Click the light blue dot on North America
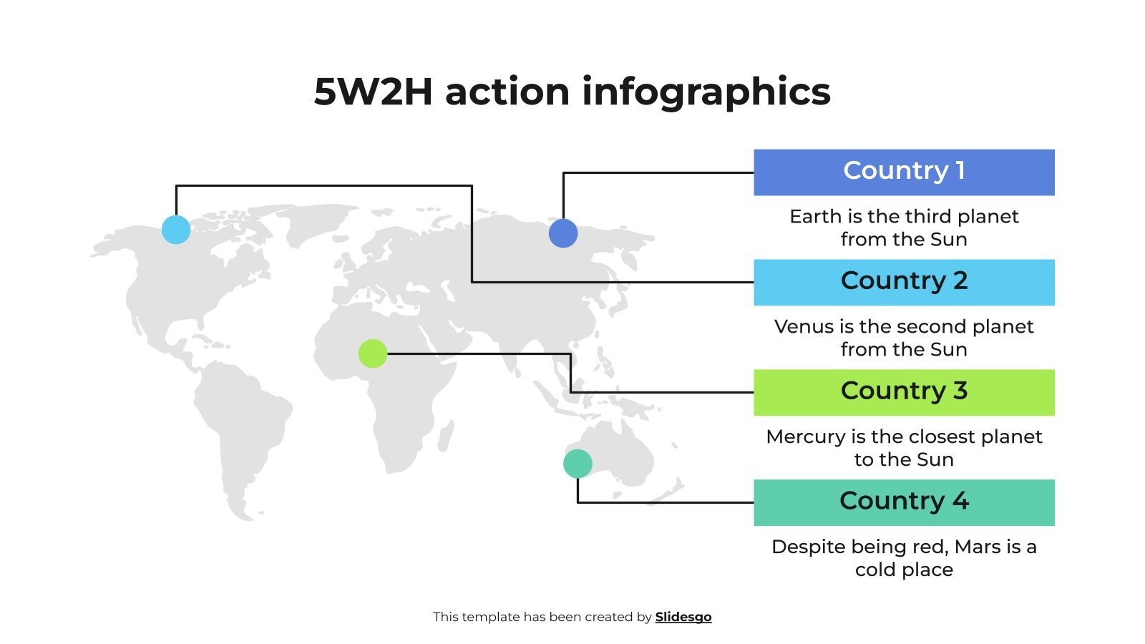pos(176,230)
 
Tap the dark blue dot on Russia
pos(563,233)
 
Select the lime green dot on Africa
pos(373,353)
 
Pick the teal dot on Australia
pos(578,464)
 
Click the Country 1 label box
pos(904,172)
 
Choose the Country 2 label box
pos(904,283)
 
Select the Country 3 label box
pos(904,393)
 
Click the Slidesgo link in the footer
pos(683,617)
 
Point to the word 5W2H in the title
pos(373,92)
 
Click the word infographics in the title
pos(706,92)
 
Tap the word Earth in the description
pos(812,217)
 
